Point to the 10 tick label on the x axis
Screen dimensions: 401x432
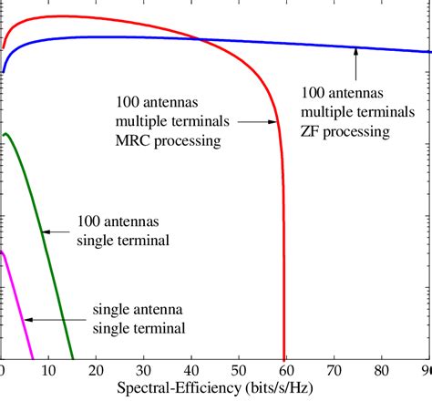point(49,371)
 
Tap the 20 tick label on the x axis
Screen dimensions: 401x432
point(97,371)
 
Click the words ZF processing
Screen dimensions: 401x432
point(345,132)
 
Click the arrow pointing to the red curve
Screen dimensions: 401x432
point(256,121)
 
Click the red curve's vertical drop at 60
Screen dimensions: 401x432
point(284,273)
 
